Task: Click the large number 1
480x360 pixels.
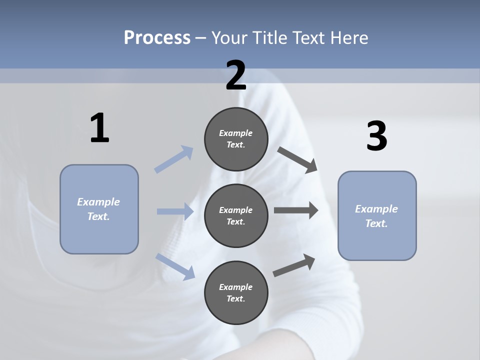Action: click(99, 128)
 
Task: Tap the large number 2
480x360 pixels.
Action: click(236, 75)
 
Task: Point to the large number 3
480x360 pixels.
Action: click(376, 136)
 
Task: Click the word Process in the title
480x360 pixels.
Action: click(157, 37)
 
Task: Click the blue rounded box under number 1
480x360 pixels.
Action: click(99, 209)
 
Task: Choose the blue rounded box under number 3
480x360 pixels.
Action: click(377, 215)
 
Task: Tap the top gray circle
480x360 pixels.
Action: click(236, 139)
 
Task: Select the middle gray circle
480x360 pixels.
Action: click(236, 215)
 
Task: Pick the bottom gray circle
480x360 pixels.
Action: click(236, 292)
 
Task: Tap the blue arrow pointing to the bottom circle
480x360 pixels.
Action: click(175, 266)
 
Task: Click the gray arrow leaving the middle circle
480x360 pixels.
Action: click(296, 210)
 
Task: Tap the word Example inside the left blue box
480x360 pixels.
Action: click(98, 202)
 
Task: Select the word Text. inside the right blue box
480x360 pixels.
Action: click(376, 223)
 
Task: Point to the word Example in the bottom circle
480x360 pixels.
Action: click(236, 287)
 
